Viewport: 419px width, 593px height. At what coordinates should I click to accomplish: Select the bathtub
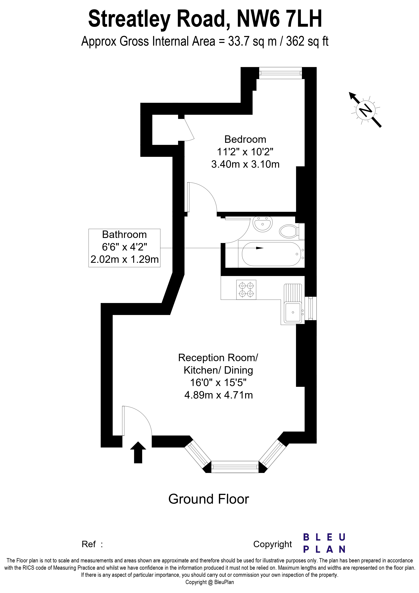[x=271, y=254]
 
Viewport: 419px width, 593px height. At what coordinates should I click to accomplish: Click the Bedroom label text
[x=245, y=139]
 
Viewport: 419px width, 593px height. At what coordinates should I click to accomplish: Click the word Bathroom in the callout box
[x=125, y=235]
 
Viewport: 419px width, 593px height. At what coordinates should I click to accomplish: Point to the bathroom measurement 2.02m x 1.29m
[x=125, y=259]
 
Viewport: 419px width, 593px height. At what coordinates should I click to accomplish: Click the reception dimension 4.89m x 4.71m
[x=218, y=395]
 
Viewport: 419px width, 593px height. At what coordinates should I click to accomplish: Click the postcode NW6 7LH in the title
[x=280, y=19]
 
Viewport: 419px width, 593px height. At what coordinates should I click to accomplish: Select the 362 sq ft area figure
[x=307, y=41]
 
